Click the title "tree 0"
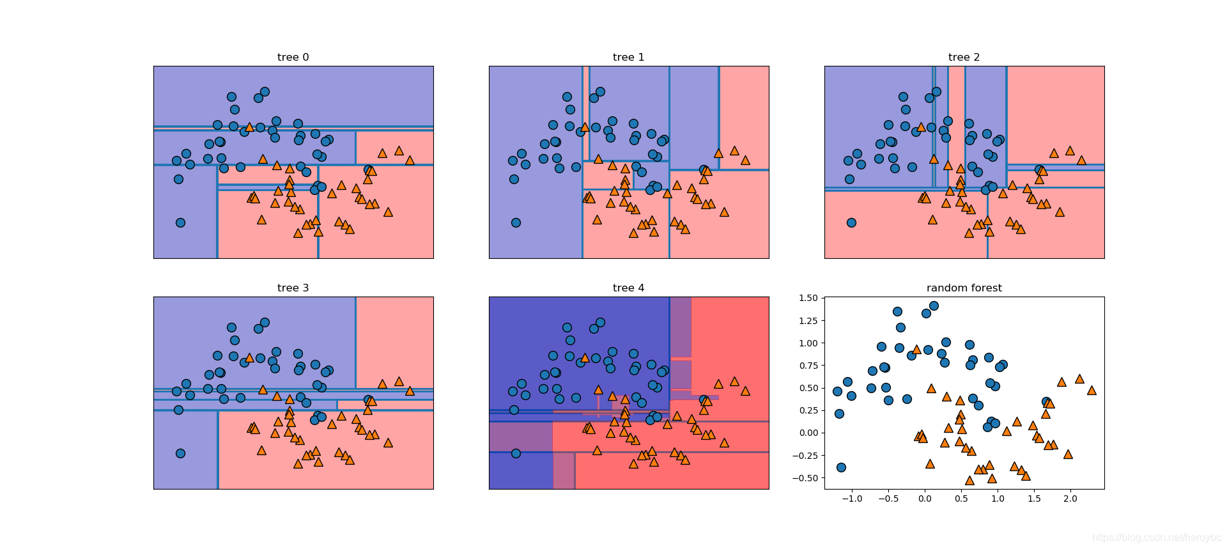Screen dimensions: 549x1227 [x=293, y=58]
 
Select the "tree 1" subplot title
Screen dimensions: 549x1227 [x=628, y=58]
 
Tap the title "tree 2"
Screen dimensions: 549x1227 [x=964, y=58]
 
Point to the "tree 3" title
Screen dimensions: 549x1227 [x=293, y=288]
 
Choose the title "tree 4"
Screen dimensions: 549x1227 [x=628, y=288]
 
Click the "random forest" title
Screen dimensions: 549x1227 [x=964, y=288]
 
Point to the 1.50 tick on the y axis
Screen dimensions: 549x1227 [x=808, y=298]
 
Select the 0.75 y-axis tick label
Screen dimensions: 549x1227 [x=808, y=366]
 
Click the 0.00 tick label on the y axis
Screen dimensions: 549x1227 [x=808, y=433]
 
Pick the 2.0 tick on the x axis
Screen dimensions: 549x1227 [x=1070, y=499]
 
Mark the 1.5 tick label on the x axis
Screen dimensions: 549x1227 [x=1034, y=499]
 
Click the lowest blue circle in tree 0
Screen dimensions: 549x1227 [x=180, y=222]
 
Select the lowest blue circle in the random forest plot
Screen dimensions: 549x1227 [x=841, y=467]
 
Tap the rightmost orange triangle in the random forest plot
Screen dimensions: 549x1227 [x=1092, y=390]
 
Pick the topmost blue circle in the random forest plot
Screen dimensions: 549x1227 [x=934, y=305]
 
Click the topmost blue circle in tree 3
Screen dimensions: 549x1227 [x=265, y=323]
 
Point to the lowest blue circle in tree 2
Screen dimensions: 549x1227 [x=851, y=222]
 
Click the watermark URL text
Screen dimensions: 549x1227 [x=1156, y=538]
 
